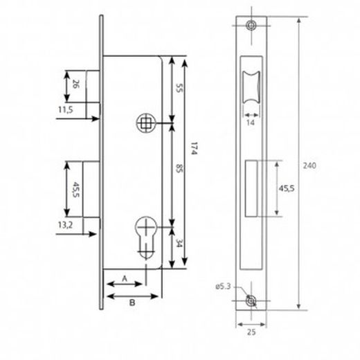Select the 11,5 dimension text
(66, 109)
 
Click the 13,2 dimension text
(66, 224)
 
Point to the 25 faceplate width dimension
(251, 330)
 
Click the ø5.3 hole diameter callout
(223, 285)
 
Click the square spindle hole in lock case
(146, 123)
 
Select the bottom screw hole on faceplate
(251, 303)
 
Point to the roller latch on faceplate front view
(251, 89)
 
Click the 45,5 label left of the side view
(75, 188)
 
